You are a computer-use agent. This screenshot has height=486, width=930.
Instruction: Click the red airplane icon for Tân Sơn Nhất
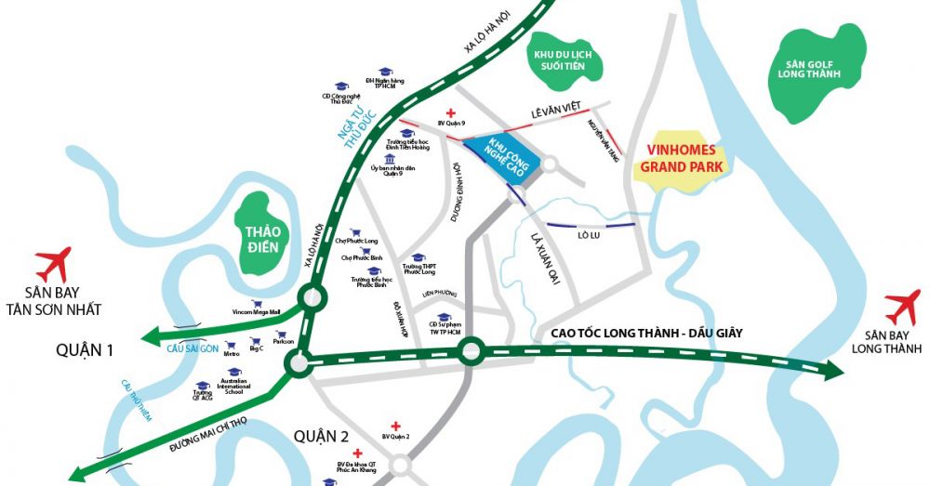point(53,263)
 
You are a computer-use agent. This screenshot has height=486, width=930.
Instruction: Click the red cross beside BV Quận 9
point(451,110)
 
